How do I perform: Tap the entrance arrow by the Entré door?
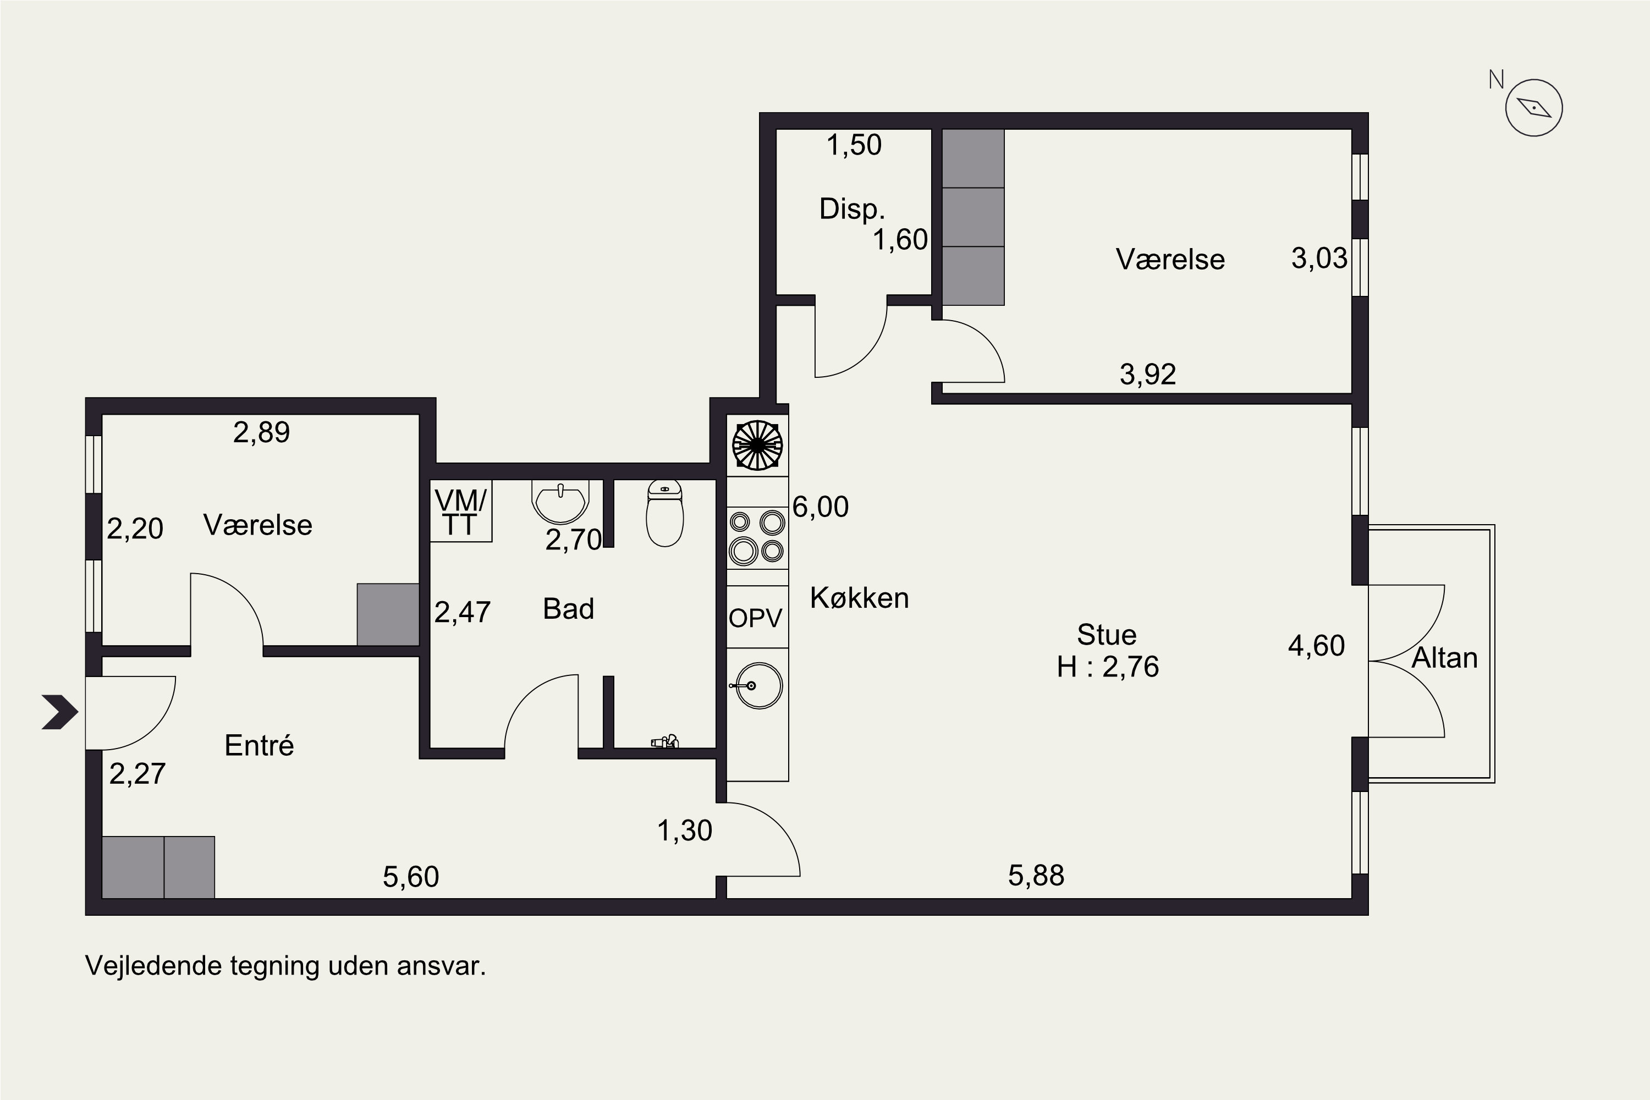point(59,712)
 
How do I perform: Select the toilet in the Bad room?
point(664,513)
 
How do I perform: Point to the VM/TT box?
point(461,511)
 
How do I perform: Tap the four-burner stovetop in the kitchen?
point(757,537)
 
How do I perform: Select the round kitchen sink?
point(756,685)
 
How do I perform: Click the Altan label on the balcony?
point(1444,658)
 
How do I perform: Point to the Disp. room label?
point(851,209)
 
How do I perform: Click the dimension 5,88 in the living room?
point(1036,876)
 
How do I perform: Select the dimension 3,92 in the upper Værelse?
point(1148,375)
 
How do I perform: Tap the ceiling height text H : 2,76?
point(1108,667)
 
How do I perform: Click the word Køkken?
point(859,598)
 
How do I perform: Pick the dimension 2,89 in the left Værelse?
point(261,432)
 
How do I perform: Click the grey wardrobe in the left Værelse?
point(388,614)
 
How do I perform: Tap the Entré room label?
point(259,745)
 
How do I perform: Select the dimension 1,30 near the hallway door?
point(685,831)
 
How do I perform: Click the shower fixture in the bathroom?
point(665,741)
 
